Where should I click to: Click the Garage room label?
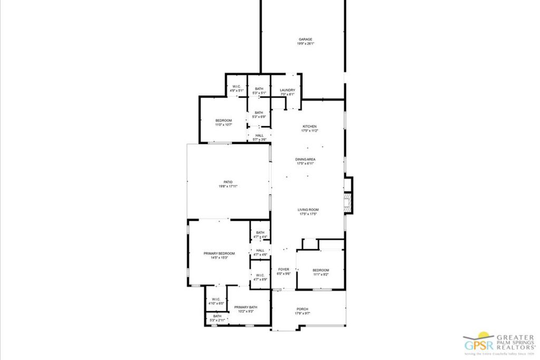(306, 40)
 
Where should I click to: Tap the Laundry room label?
(287, 90)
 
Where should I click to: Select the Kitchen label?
(309, 127)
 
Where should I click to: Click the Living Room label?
(309, 210)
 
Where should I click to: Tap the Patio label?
(227, 182)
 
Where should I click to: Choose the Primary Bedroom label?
(219, 254)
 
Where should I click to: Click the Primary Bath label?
(246, 307)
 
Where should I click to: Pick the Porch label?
(302, 309)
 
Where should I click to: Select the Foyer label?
(284, 269)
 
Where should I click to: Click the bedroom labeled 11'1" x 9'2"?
(321, 270)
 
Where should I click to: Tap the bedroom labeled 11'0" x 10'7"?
(223, 121)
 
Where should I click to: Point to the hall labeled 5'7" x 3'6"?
(259, 135)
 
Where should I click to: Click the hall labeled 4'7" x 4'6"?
(260, 251)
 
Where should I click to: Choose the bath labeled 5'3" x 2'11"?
(217, 316)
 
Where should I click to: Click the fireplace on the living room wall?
(347, 203)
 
